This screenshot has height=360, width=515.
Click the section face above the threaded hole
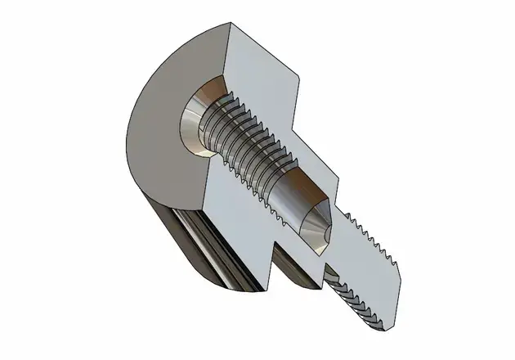(262, 65)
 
